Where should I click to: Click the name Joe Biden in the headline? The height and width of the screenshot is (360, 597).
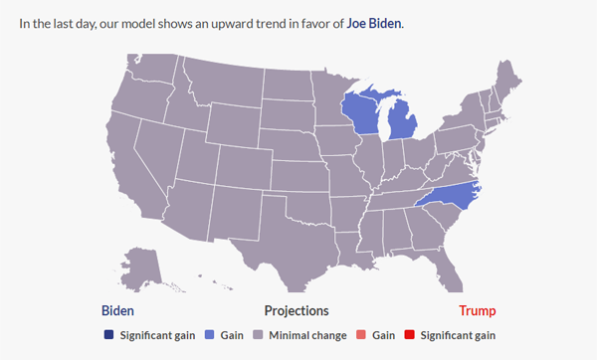374,22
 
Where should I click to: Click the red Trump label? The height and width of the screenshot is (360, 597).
477,310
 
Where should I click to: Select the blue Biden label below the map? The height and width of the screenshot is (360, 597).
117,310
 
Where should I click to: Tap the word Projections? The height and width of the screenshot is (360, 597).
297,310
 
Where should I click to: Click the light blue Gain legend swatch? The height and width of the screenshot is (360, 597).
210,335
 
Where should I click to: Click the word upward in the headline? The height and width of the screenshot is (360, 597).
215,22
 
